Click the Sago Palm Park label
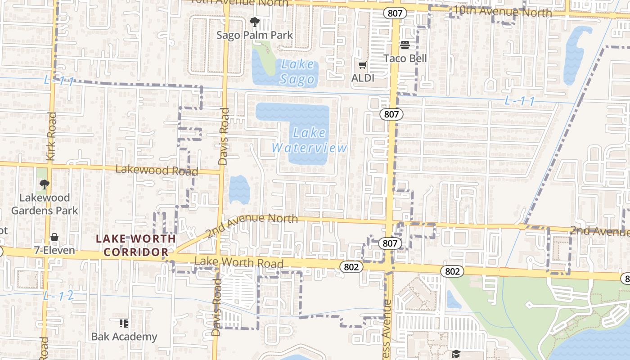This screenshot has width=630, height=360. [255, 35]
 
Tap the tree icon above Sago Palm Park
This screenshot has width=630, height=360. [255, 22]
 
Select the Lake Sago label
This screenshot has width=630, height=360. [297, 72]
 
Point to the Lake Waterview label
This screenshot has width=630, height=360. [309, 140]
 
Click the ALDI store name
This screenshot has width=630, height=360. [363, 77]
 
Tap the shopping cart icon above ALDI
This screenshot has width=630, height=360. [363, 65]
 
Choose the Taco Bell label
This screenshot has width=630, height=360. [405, 58]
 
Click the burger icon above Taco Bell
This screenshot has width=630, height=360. [405, 45]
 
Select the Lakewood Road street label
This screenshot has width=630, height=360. [157, 170]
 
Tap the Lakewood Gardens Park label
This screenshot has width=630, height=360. [45, 204]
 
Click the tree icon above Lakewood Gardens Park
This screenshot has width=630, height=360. [44, 184]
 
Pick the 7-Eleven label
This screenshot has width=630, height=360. [55, 250]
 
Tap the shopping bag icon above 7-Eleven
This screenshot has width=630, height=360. [54, 237]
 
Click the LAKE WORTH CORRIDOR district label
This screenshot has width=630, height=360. [136, 245]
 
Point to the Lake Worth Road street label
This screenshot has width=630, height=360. [239, 262]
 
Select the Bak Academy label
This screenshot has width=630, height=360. [124, 337]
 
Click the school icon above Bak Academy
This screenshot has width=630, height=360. [124, 323]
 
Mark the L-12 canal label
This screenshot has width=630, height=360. [58, 296]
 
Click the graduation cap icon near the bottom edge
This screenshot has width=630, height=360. [456, 354]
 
